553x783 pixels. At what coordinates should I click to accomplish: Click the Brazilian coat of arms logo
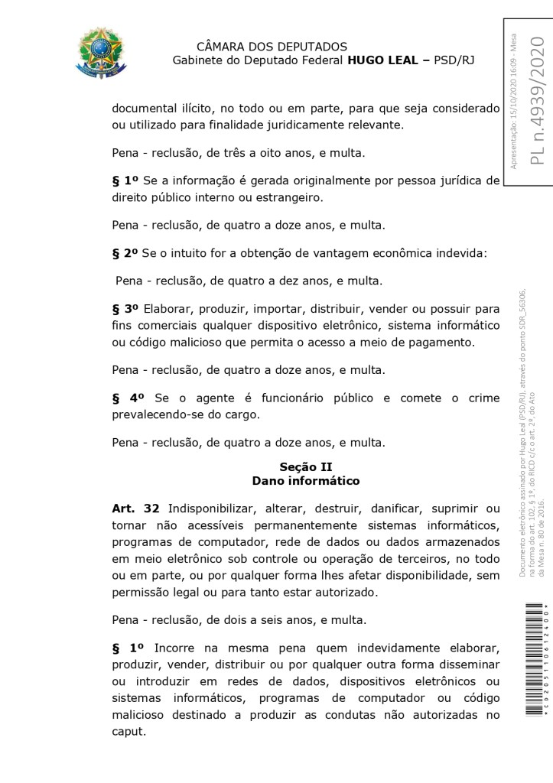click(97, 53)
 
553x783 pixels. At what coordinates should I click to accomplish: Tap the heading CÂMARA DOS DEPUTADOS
click(272, 47)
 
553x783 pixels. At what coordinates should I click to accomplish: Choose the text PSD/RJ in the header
click(454, 60)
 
